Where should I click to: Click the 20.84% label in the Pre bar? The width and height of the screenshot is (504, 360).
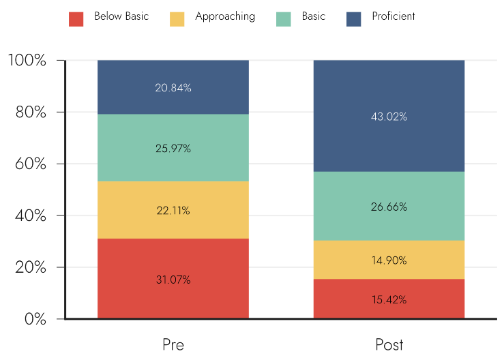173,88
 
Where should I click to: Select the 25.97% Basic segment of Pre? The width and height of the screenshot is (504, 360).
173,148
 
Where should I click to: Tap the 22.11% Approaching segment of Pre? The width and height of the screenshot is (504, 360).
173,210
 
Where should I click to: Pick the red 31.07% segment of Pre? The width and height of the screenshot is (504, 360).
173,279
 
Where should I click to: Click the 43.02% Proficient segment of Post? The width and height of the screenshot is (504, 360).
389,116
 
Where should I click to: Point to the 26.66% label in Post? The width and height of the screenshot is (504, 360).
389,207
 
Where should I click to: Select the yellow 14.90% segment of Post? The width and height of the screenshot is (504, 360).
389,260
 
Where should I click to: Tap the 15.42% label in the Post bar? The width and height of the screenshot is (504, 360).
389,299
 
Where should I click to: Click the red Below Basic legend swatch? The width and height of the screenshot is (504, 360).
76,19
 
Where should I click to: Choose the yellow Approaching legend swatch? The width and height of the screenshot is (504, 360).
177,19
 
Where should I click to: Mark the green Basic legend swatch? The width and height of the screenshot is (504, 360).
284,19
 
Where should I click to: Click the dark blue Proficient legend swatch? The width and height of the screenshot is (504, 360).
353,19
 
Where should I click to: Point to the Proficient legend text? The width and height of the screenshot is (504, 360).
394,16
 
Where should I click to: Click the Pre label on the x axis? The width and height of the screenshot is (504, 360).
173,344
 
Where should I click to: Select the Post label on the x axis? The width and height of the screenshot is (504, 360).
389,344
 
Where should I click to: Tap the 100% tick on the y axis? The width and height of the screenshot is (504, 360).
27,60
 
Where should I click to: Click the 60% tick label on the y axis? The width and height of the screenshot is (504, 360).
31,164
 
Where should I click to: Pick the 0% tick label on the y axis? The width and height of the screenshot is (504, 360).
35,319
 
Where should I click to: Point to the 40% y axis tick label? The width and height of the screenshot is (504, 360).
31,215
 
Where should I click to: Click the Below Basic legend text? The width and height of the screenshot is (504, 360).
121,16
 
